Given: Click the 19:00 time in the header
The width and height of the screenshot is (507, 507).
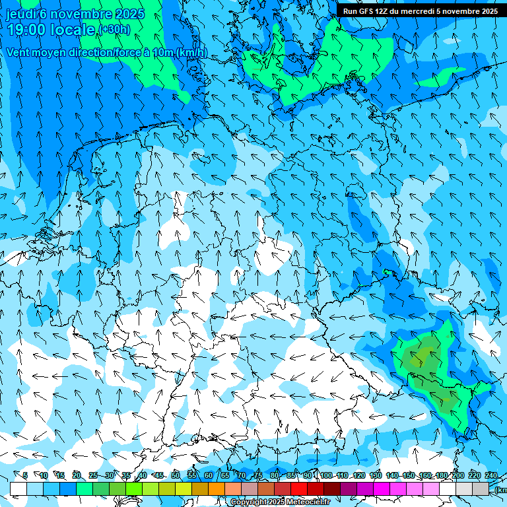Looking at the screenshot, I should (x=28, y=29).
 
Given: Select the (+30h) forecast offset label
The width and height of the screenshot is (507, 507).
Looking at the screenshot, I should (x=114, y=30).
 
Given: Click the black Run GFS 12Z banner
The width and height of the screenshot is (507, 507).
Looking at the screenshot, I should (x=421, y=11).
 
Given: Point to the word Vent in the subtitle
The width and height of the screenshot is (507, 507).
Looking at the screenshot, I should (x=19, y=53).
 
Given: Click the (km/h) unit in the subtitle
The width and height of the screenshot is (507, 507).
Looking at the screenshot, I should (x=191, y=53).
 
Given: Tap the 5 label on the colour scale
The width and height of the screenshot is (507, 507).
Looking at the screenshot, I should (x=24, y=475).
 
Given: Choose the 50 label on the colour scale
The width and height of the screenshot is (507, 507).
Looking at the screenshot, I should (x=176, y=475).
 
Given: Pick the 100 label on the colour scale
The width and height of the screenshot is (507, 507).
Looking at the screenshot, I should (x=326, y=475).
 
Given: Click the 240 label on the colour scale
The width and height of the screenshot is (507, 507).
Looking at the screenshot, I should (x=490, y=475).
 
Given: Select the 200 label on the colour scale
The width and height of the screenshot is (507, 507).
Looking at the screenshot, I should (x=457, y=475).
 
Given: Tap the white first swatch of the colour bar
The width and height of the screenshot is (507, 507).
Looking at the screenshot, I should (x=18, y=489).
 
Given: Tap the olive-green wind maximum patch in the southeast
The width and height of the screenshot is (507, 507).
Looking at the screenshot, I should (x=422, y=356).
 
